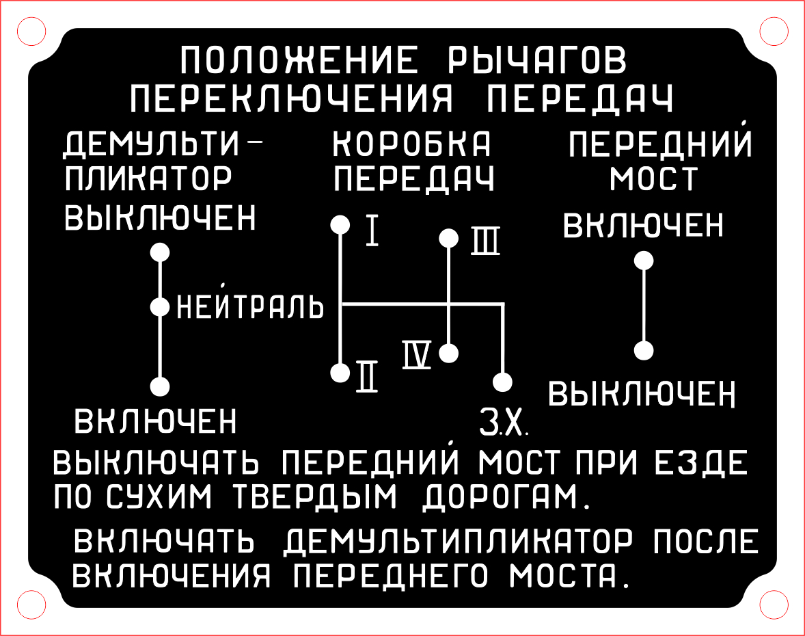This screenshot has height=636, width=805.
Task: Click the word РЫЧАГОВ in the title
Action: [535, 60]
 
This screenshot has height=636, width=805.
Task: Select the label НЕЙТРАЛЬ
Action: [250, 307]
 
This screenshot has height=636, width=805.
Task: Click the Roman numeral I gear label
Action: [372, 230]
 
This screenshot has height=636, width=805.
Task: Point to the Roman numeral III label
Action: [485, 241]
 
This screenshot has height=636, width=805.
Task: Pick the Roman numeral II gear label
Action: [366, 376]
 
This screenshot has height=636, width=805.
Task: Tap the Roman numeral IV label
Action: [417, 356]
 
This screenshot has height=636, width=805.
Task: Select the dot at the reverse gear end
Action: [502, 382]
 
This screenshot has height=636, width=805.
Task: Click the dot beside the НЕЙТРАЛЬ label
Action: [160, 307]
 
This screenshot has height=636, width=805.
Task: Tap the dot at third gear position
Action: [448, 238]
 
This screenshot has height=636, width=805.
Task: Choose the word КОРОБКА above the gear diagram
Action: [413, 144]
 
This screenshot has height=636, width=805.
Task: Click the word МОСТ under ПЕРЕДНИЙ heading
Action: [653, 179]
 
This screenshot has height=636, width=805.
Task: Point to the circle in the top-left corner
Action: [30, 30]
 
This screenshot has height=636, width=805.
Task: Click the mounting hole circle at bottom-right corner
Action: [774, 605]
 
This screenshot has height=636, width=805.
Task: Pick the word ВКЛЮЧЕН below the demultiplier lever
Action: [156, 421]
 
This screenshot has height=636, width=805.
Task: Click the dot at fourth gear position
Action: [448, 354]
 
